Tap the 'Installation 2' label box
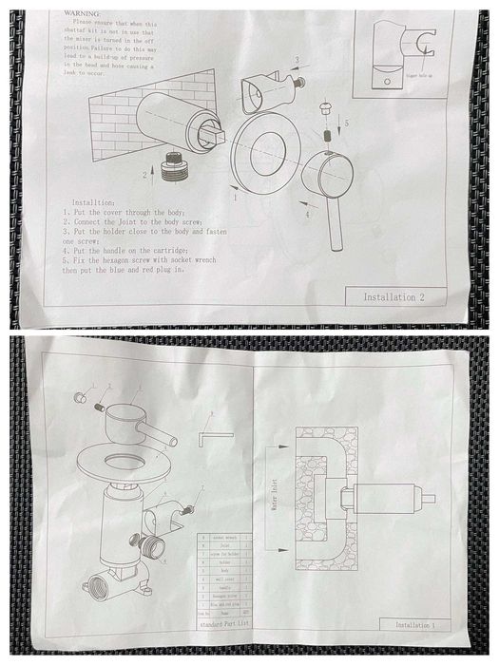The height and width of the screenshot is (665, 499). coord(402,297)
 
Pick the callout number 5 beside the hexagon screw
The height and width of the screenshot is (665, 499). coord(345,123)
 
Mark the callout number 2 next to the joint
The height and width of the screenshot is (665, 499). coord(144,175)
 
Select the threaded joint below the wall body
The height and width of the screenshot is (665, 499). coord(175,166)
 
